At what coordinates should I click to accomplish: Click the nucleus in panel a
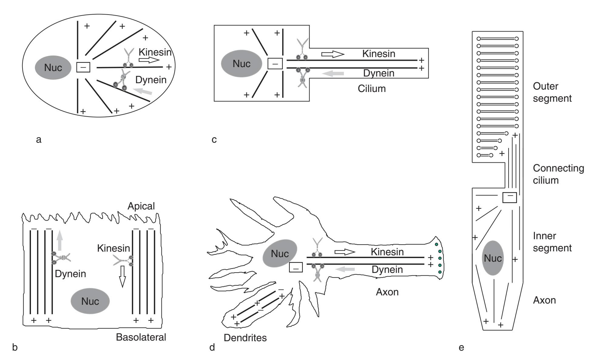click(x=53, y=67)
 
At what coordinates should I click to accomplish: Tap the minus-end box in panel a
click(x=83, y=67)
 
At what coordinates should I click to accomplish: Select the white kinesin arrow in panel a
click(x=147, y=60)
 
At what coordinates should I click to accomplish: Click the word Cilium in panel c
click(x=371, y=89)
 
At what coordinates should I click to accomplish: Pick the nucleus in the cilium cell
click(x=242, y=64)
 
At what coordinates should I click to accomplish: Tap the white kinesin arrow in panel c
click(x=333, y=54)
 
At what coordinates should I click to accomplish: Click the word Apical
click(x=141, y=206)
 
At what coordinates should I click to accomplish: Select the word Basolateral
click(x=141, y=337)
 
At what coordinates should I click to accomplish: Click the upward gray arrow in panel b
click(x=60, y=240)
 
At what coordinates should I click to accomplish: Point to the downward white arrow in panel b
click(x=122, y=276)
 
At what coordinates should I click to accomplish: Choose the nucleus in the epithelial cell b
click(x=90, y=301)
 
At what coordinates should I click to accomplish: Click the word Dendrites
click(x=245, y=338)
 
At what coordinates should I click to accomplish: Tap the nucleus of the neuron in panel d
click(x=280, y=253)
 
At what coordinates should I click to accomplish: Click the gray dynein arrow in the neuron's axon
click(x=346, y=269)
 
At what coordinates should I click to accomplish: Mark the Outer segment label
click(x=552, y=92)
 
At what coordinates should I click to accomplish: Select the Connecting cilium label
click(x=558, y=174)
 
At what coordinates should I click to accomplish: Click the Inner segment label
click(x=552, y=242)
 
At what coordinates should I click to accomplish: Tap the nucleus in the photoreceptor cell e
click(x=493, y=258)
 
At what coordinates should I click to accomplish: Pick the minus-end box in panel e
click(x=510, y=198)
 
